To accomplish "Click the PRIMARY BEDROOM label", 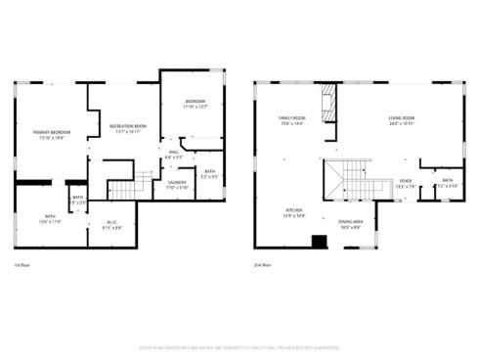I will tap(50, 133).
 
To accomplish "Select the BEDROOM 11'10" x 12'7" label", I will tap(196, 104).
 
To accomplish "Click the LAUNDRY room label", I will tap(177, 184).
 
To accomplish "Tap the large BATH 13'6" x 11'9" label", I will tap(50, 219).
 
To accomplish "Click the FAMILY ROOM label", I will tap(292, 119).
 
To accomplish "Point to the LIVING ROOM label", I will tap(401, 119).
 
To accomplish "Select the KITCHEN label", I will tap(292, 211).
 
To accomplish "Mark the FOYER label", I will tap(406, 183).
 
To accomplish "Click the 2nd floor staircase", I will tap(352, 181).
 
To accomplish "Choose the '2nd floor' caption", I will tap(261, 266).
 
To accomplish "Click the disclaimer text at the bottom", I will tap(239, 345).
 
